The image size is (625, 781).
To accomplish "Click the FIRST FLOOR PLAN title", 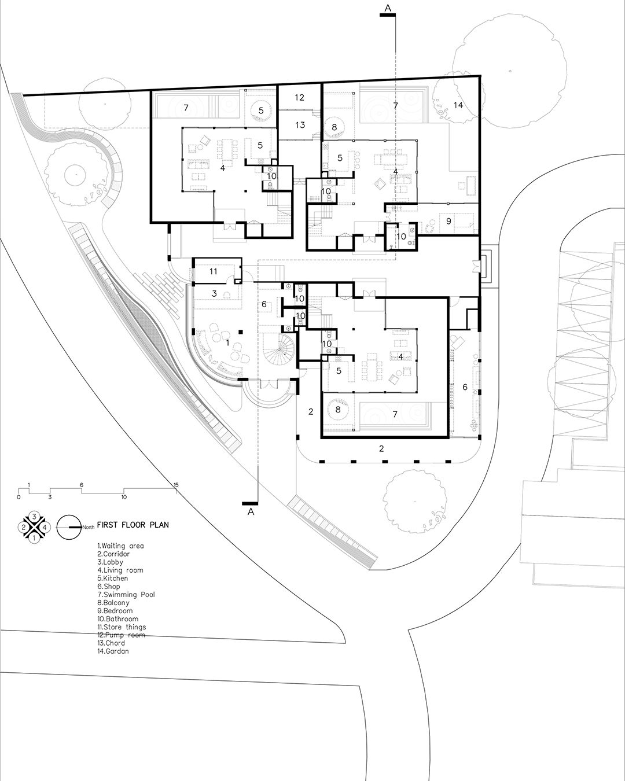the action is click(x=133, y=525).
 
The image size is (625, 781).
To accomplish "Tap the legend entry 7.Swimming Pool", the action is click(x=126, y=595).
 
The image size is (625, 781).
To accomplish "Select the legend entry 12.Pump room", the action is click(x=121, y=635).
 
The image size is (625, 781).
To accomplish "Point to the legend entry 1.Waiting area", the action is click(x=120, y=546).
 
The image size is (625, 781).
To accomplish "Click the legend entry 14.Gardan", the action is click(x=113, y=651).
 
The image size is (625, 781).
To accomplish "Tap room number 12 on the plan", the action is click(x=299, y=97).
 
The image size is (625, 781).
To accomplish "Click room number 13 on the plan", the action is click(x=300, y=125).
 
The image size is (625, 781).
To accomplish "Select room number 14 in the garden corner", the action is click(x=458, y=105).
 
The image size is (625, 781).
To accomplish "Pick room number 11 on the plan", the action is click(x=213, y=271).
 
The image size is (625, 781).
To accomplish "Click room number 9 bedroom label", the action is click(x=448, y=220).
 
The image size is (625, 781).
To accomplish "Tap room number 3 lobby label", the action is click(x=214, y=294).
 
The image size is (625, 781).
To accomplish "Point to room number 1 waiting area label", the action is click(x=227, y=342).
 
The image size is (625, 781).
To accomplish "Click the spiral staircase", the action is click(x=278, y=349).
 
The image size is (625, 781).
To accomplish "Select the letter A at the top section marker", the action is click(x=388, y=8).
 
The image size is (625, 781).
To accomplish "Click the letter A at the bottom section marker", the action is click(x=250, y=512).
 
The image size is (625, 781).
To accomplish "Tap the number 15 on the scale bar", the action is click(x=176, y=484).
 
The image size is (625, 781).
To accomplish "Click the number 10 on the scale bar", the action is click(x=124, y=497).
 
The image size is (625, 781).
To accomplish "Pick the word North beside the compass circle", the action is click(x=88, y=527).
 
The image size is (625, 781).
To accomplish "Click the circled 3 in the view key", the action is click(x=34, y=516).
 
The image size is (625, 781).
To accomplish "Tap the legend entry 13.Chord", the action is click(x=111, y=643).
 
